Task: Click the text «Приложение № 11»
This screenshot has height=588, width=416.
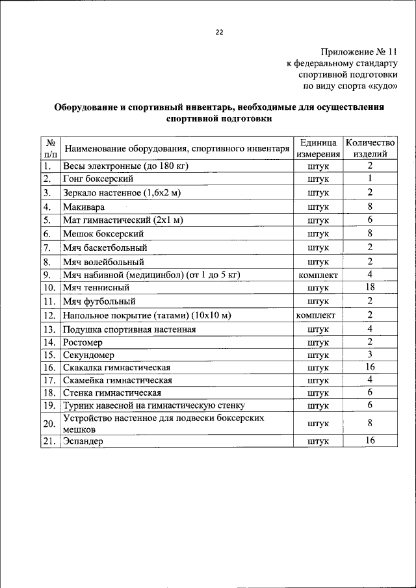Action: pyautogui.click(x=357, y=52)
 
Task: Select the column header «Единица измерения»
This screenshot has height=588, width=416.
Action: pyautogui.click(x=318, y=148)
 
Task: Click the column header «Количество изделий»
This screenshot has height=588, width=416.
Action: pyautogui.click(x=370, y=148)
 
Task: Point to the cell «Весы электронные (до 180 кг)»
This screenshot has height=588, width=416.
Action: pyautogui.click(x=125, y=166)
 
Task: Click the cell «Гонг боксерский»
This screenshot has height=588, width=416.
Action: pyautogui.click(x=99, y=179)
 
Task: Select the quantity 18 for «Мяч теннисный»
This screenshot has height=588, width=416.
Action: pyautogui.click(x=369, y=287)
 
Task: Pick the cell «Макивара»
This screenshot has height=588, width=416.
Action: pyautogui.click(x=84, y=207)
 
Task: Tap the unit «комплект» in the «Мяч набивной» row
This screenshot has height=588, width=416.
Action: pyautogui.click(x=318, y=275)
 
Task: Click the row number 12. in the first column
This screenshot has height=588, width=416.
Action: pyautogui.click(x=49, y=315)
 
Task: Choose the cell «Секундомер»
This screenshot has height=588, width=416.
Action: pyautogui.click(x=88, y=355)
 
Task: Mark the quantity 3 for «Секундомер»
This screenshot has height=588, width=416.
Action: pyautogui.click(x=369, y=355)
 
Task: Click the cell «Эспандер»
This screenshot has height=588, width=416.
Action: pyautogui.click(x=84, y=441)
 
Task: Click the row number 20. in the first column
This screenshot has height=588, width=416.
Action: pyautogui.click(x=49, y=424)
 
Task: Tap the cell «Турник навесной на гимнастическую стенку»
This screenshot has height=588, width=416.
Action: pyautogui.click(x=153, y=406)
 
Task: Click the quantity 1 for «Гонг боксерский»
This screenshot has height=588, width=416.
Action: pyautogui.click(x=369, y=179)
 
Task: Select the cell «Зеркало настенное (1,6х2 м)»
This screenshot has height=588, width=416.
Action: pyautogui.click(x=122, y=193)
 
